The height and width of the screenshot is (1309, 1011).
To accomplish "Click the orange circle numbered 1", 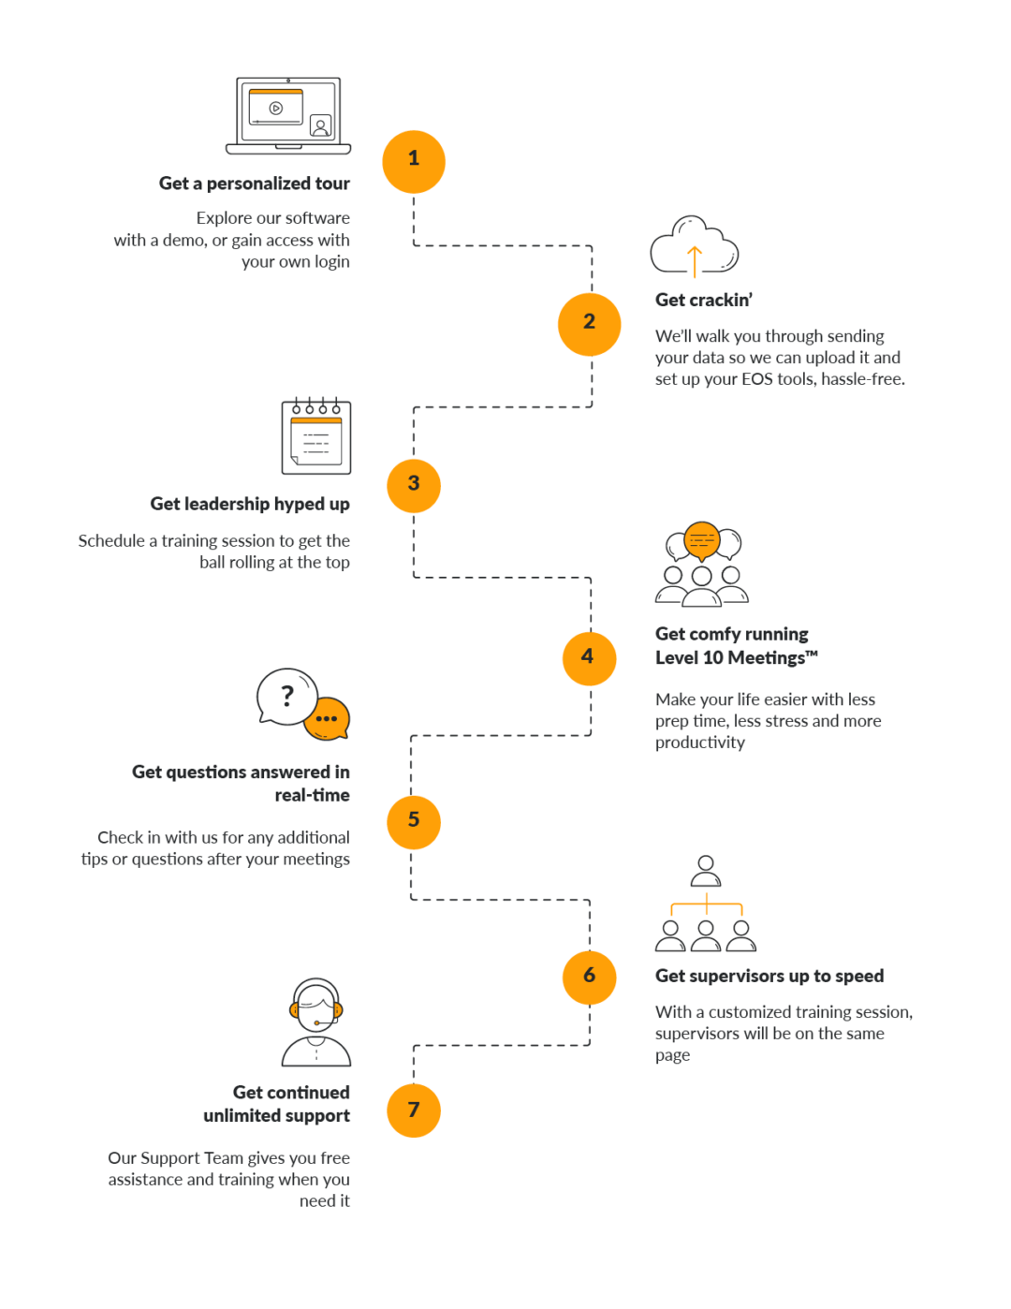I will (414, 161).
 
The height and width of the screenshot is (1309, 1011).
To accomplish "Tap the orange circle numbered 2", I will (590, 324).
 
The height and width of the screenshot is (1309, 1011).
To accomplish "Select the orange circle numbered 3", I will (414, 485).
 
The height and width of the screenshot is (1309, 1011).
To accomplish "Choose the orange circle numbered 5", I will (414, 821).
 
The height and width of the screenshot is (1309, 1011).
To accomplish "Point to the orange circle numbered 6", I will (590, 977).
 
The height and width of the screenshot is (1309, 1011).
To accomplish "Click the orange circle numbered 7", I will (414, 1110).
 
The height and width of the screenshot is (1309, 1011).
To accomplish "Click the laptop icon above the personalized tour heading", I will (288, 116).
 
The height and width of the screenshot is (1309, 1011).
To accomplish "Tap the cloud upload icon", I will (694, 246).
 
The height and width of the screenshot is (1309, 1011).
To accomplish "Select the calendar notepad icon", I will (316, 436).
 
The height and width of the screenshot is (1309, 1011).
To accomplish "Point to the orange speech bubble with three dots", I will (327, 719).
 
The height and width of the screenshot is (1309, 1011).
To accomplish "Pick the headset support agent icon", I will (316, 1022).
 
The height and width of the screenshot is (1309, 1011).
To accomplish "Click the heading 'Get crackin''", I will (704, 300).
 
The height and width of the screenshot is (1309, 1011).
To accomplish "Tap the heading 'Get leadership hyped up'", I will (250, 504).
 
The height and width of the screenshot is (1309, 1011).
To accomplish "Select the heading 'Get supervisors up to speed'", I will (769, 976).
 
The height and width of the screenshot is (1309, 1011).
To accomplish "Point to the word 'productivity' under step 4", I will (700, 743).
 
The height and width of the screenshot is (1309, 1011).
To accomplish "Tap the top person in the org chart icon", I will (706, 871).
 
